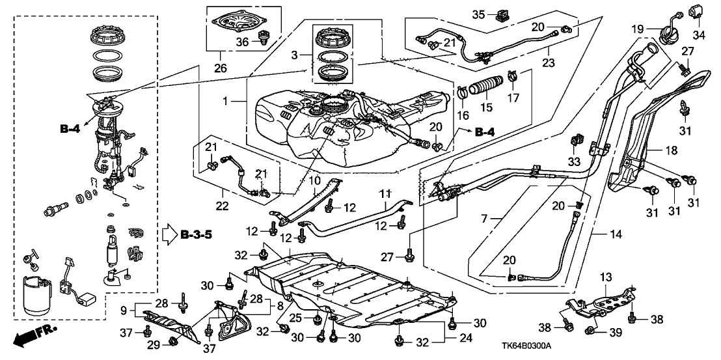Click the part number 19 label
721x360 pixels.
(x=638, y=29)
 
